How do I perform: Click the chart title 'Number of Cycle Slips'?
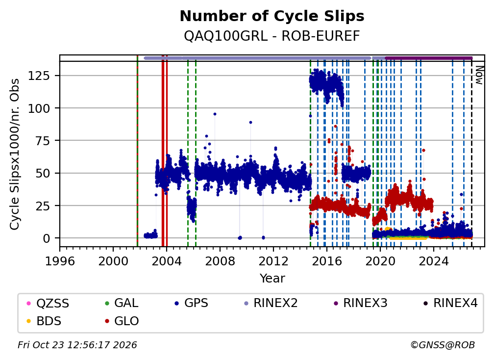click(x=272, y=16)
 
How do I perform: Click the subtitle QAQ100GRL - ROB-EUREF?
click(x=272, y=36)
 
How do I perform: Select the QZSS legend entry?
click(x=48, y=303)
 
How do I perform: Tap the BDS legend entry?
click(x=44, y=321)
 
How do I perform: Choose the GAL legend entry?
click(x=122, y=303)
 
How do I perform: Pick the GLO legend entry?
click(x=122, y=321)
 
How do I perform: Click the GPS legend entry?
click(x=191, y=303)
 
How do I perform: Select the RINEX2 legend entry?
click(x=271, y=303)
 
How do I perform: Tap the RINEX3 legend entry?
click(x=360, y=303)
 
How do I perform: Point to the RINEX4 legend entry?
click(x=450, y=303)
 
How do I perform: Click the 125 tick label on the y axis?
click(x=39, y=76)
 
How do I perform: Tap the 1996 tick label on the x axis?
click(x=60, y=261)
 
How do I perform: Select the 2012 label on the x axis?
click(x=273, y=261)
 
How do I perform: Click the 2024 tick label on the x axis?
click(x=434, y=261)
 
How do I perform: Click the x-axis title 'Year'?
click(x=272, y=279)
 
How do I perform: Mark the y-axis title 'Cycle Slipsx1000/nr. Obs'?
click(x=15, y=154)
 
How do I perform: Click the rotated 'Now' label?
click(x=479, y=75)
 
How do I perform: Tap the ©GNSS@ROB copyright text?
click(x=443, y=345)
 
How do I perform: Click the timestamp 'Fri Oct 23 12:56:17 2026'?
click(x=77, y=345)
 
